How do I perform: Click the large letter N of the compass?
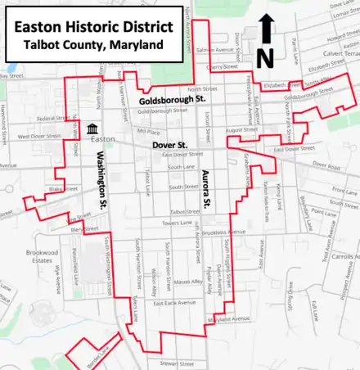click(x=264, y=57)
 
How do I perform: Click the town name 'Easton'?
click(x=103, y=139)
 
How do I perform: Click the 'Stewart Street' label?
click(x=175, y=362)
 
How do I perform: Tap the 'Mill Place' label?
click(x=148, y=130)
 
